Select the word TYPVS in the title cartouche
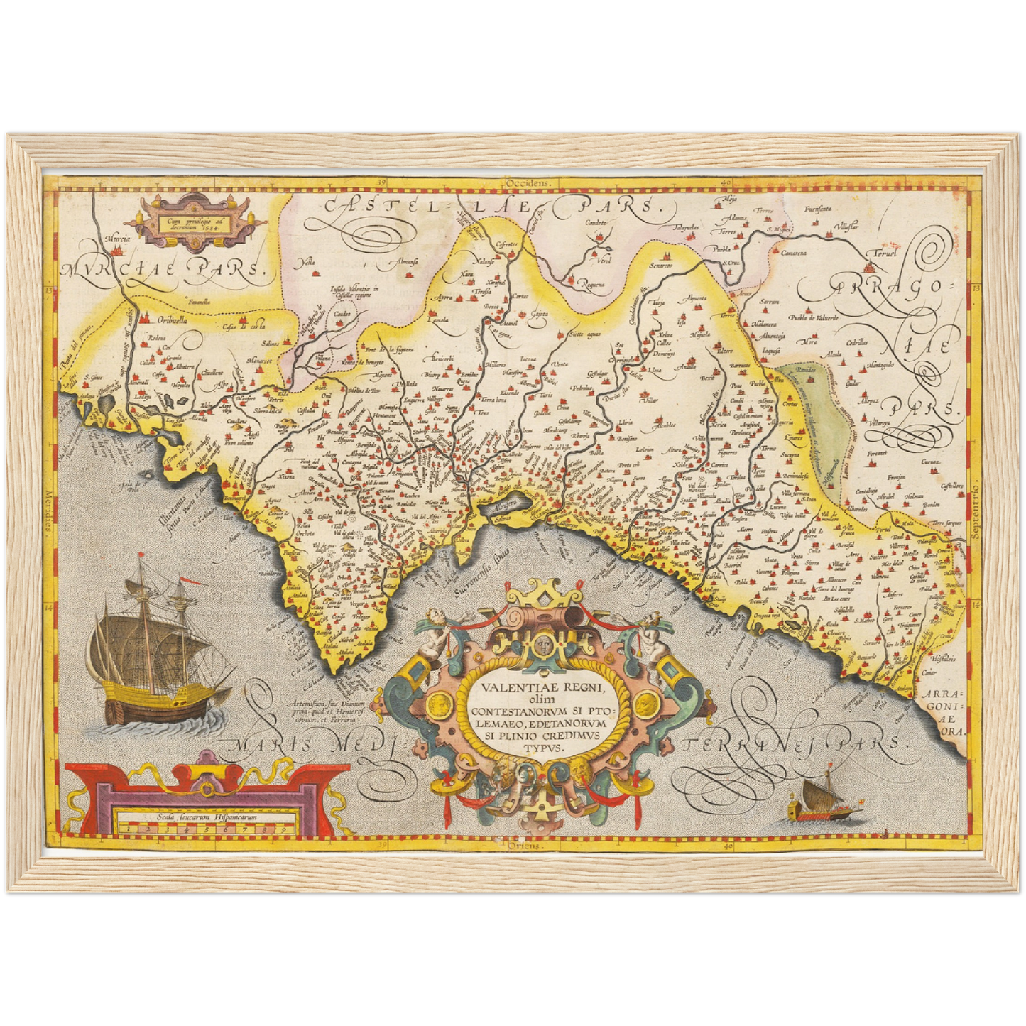point(542,747)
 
